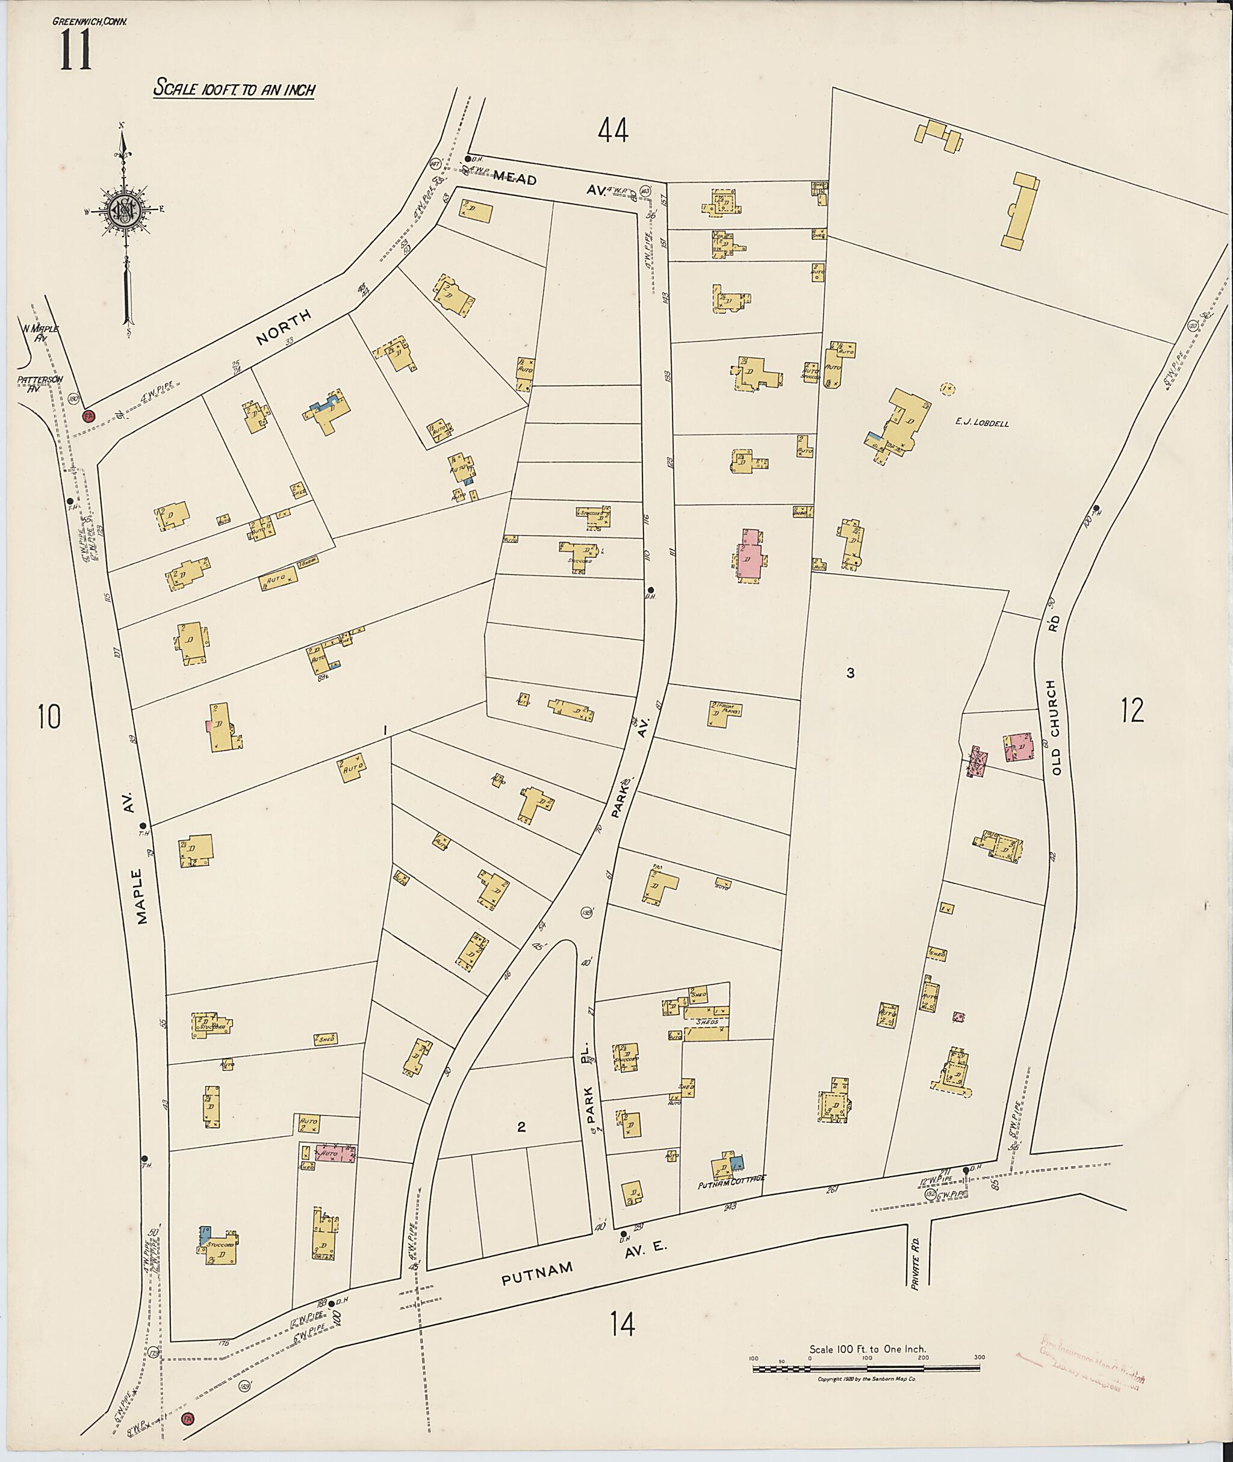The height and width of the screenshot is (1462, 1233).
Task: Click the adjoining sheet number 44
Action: point(613,130)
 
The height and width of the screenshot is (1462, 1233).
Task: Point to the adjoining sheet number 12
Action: point(1132,711)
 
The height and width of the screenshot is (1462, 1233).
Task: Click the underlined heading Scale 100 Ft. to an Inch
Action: point(234,90)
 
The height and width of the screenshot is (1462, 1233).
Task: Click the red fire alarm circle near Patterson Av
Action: point(88,416)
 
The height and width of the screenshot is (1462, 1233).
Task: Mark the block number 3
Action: point(850,674)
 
